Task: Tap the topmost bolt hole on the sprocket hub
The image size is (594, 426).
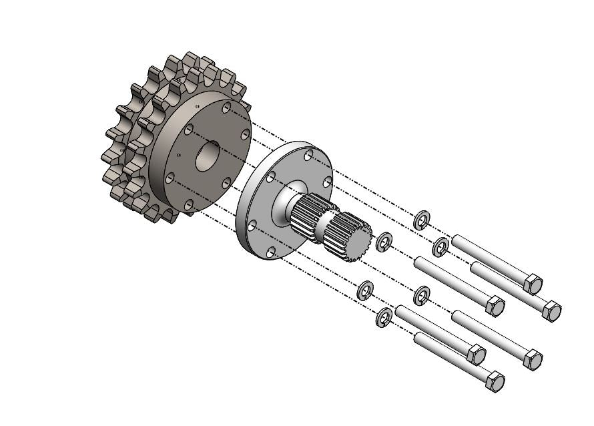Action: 227,107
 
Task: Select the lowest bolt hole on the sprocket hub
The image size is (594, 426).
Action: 188,204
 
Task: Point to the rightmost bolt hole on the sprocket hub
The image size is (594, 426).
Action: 245,135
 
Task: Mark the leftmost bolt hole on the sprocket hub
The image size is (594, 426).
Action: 170,177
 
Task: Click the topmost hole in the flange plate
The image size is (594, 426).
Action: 308,156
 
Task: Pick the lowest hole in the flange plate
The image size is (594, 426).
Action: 270,252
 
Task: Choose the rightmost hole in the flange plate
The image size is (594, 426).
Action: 327,182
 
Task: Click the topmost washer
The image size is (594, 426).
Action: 421,220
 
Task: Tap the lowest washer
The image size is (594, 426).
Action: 384,318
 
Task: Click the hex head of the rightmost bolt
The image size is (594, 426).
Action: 552,310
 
